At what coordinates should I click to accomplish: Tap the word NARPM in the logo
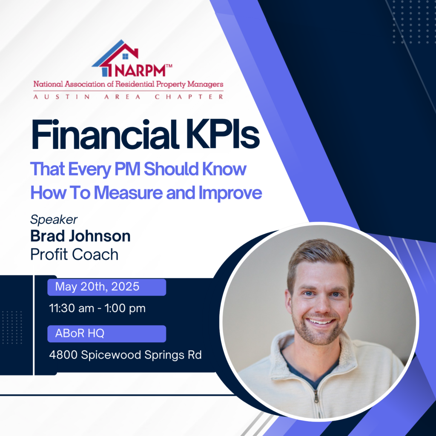(140, 71)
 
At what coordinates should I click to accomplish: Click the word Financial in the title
(105, 135)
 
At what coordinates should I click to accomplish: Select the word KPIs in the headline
(223, 135)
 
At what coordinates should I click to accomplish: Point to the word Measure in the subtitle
(128, 192)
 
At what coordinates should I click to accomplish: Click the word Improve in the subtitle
(230, 193)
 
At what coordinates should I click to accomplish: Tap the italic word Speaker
(54, 220)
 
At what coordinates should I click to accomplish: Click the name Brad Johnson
(80, 236)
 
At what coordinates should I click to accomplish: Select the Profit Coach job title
(74, 254)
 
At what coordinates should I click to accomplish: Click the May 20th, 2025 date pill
(107, 287)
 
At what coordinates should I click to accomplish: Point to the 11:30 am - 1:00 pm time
(98, 308)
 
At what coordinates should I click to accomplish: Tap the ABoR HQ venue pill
(107, 333)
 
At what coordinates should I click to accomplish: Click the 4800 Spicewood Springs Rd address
(126, 355)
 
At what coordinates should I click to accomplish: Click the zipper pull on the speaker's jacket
(316, 397)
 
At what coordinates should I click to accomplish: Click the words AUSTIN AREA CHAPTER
(128, 97)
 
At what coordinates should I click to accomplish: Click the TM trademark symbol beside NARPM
(169, 66)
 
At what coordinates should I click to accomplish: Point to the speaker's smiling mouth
(321, 322)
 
